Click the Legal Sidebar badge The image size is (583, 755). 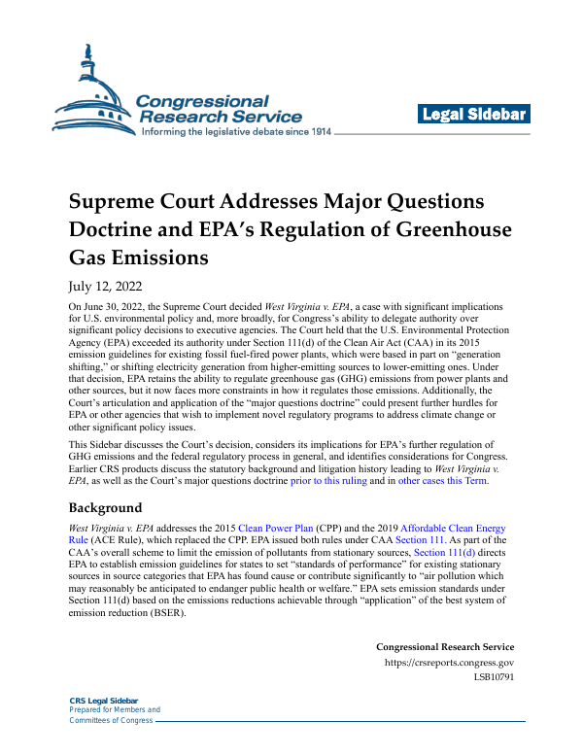474,115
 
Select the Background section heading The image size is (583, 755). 105,507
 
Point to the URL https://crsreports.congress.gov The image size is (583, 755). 450,664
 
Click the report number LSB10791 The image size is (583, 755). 494,678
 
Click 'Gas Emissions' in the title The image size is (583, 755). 138,259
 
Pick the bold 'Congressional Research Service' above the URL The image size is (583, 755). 445,647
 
